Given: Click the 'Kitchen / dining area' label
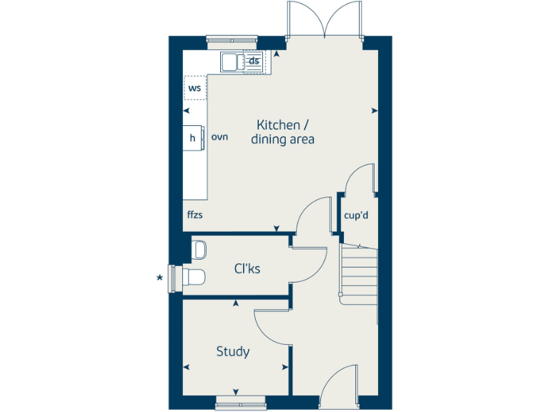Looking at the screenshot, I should pos(282,132).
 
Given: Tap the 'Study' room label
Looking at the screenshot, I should pos(233,352).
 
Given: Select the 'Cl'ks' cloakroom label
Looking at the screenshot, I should pos(247,269).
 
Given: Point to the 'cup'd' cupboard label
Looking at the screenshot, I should pos(356,215).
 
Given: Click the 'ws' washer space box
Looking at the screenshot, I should pos(194,88).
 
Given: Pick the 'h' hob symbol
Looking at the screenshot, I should pos(192,138).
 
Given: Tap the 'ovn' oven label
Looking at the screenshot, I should pos(219,137).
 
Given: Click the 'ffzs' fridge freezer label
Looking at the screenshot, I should pos(196,214).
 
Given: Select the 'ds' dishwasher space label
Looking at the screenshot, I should pos(254,60).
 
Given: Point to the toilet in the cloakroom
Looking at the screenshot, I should pos(193,277).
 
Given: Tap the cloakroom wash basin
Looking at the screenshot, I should pos(199,250).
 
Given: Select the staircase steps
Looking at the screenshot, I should pos(358,272).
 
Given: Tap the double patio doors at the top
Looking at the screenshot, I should pos(325,20).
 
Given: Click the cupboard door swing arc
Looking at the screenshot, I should pos(359,178).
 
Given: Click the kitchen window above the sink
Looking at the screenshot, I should pos(232,39).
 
